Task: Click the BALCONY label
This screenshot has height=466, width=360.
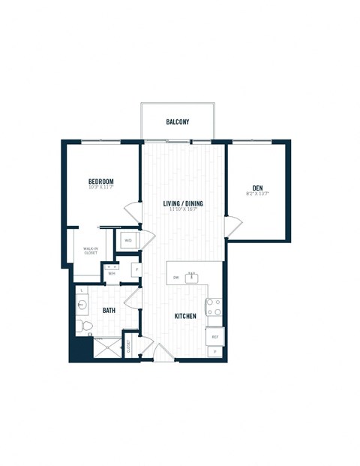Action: [x=177, y=122]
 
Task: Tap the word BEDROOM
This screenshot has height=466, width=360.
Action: [x=100, y=182]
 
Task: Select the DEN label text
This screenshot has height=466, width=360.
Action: [x=257, y=188]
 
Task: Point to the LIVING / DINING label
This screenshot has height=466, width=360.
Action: [x=184, y=203]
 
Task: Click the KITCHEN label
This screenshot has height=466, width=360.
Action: [x=185, y=316]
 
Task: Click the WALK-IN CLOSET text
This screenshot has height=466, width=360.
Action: [x=90, y=251]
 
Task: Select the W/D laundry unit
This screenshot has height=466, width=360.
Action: [x=128, y=240]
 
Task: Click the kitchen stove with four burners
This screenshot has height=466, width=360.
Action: [x=214, y=307]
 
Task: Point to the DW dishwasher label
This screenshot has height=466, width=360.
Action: [x=175, y=278]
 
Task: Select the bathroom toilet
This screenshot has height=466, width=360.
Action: [x=84, y=326]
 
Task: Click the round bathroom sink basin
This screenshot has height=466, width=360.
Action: [x=81, y=305]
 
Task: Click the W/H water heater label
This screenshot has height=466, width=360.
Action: [x=112, y=273]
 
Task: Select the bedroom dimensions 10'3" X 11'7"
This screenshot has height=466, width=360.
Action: [x=100, y=188]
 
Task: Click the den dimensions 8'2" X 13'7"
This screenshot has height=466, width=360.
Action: [x=257, y=194]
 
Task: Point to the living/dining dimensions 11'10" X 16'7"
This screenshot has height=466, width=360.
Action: [x=184, y=210]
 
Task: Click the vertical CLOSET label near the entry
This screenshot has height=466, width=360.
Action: [x=128, y=346]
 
